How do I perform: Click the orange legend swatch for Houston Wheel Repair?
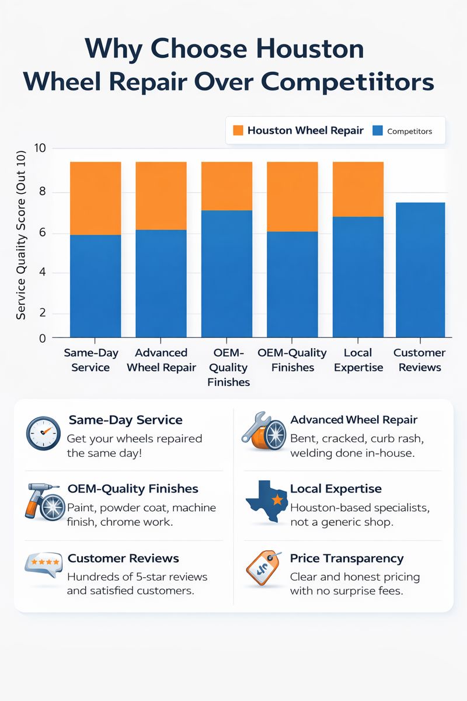click(x=238, y=130)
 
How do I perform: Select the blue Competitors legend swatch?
click(x=377, y=130)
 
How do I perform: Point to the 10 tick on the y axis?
click(x=39, y=148)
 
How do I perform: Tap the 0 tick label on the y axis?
click(x=41, y=338)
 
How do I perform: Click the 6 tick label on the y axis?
click(x=41, y=234)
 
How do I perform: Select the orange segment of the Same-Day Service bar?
click(x=95, y=198)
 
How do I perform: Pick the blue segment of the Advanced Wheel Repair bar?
click(x=161, y=283)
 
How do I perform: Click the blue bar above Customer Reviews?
click(x=420, y=269)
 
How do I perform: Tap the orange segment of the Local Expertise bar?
click(x=358, y=189)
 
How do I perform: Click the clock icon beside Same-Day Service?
click(x=43, y=433)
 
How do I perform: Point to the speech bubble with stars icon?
click(x=43, y=564)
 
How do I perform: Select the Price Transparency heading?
click(x=347, y=558)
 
